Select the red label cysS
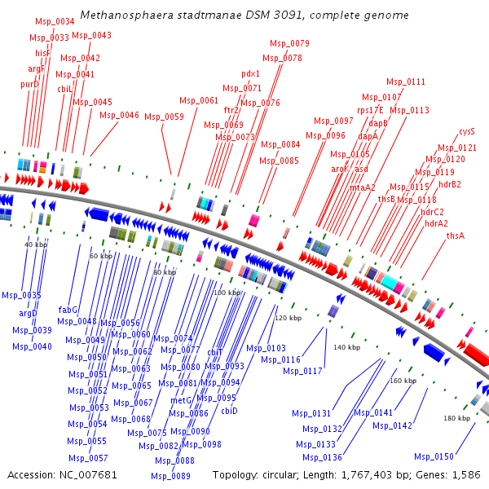467,131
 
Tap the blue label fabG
68,310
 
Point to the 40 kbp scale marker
35,244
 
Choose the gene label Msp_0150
434,456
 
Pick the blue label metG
180,400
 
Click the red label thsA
456,236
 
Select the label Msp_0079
289,43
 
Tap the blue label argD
29,313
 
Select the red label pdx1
250,73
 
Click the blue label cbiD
229,411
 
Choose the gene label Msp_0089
170,476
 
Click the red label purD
29,84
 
